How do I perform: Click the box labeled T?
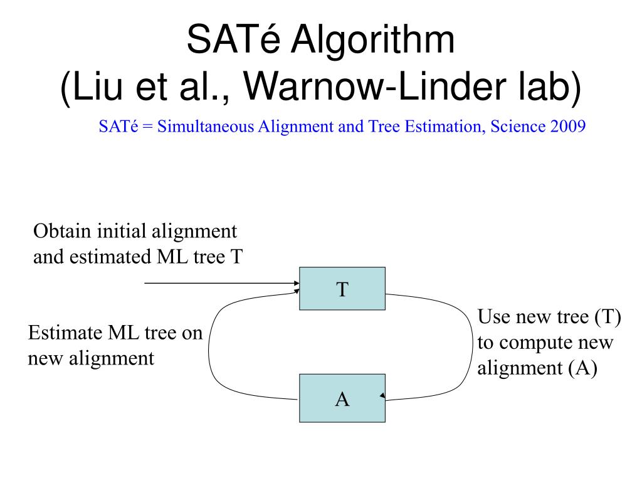[x=342, y=289]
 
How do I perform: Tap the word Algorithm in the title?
[x=374, y=40]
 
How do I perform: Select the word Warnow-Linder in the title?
[x=379, y=87]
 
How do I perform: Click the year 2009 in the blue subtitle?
[x=568, y=126]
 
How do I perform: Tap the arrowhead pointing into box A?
[x=382, y=396]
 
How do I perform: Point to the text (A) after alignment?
[x=583, y=368]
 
